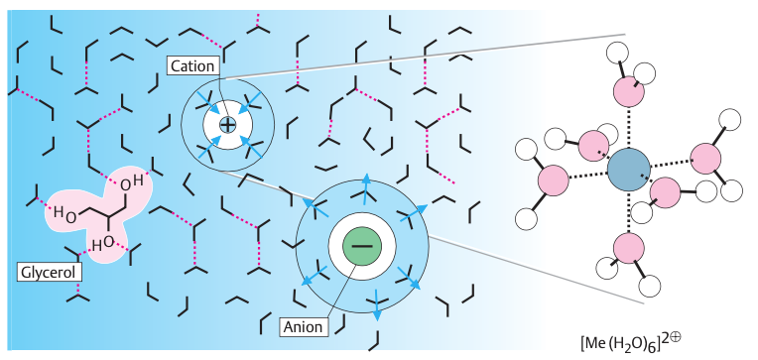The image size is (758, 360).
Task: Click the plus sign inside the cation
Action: tap(228, 126)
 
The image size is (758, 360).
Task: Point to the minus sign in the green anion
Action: tap(362, 245)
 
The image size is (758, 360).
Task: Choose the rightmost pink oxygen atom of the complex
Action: tap(706, 158)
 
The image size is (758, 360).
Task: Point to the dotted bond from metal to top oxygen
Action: tap(628, 128)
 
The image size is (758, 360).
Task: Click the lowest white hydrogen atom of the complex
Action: tap(650, 288)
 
